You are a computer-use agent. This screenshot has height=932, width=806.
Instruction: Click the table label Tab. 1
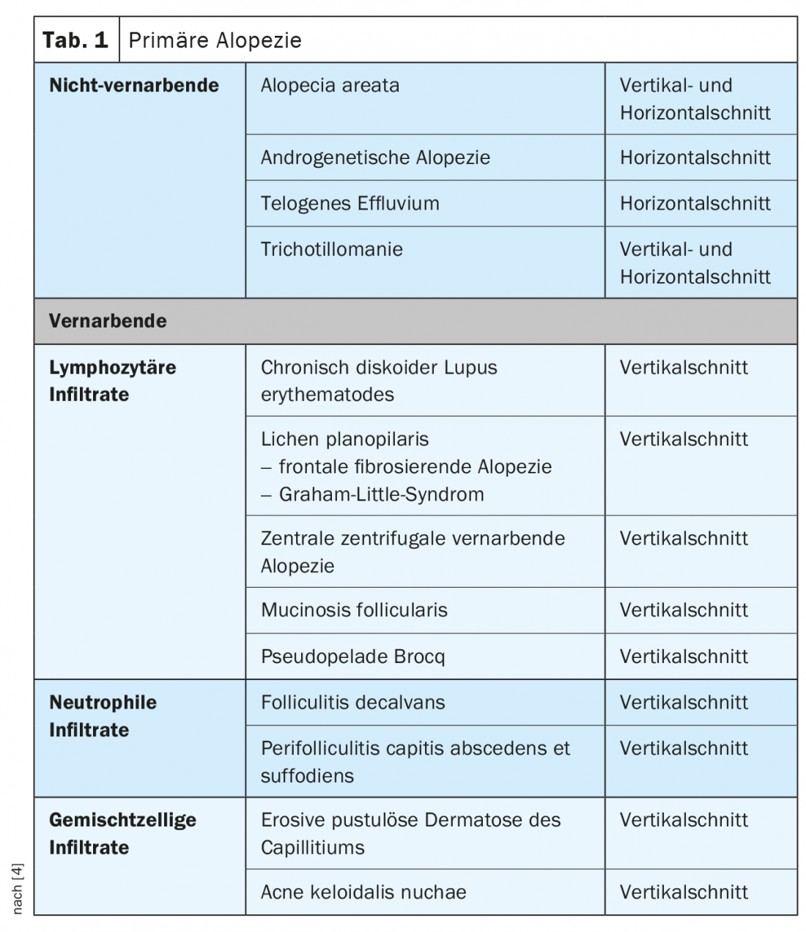tap(75, 40)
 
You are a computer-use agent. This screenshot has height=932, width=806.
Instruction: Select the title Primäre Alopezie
tap(215, 40)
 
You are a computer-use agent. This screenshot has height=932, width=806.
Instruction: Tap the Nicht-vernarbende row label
tap(134, 85)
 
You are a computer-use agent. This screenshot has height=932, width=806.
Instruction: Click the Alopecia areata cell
tap(330, 85)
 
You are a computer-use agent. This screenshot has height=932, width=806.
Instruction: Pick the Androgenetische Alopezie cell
tap(375, 157)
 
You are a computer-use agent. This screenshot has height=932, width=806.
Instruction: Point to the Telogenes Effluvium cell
tap(350, 203)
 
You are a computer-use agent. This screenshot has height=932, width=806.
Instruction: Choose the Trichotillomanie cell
tap(331, 249)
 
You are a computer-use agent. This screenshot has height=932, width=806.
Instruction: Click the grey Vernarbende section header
tap(108, 321)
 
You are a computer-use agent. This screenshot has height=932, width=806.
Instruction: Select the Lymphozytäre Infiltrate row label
tap(112, 380)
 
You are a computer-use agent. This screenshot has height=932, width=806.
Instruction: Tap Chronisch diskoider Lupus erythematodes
tap(378, 380)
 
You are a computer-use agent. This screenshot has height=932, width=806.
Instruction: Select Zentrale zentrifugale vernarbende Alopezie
tap(413, 552)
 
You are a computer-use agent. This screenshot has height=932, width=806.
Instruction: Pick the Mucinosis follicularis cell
tap(354, 610)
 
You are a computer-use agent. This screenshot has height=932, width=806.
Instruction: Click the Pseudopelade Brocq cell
tap(352, 657)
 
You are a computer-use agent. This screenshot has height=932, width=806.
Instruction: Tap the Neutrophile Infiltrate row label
tap(103, 716)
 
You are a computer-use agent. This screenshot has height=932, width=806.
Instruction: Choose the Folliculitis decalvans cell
tap(352, 702)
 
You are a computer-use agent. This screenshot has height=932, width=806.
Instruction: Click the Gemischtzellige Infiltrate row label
tap(122, 833)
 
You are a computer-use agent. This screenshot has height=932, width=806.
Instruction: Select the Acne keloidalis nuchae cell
tap(363, 892)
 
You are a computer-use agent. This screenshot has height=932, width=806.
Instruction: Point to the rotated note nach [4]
tap(18, 888)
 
